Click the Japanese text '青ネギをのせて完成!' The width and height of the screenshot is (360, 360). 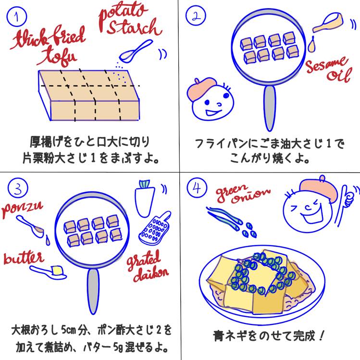pos(260,335)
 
